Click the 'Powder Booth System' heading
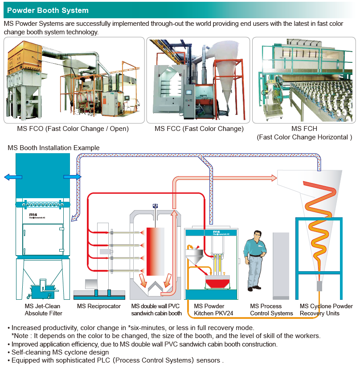click(48, 10)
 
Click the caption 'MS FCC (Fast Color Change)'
click(199, 129)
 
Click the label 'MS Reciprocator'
click(98, 306)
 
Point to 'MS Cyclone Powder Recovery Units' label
click(326, 310)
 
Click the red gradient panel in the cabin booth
click(155, 251)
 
